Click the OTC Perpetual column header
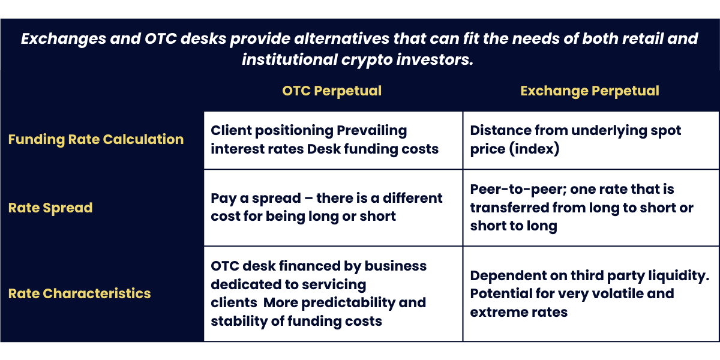coord(332,91)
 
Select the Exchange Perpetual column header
coord(590,91)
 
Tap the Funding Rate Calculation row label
coord(96,139)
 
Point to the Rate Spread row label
coord(50,208)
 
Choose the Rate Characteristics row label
coord(80,293)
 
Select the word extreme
coord(496,312)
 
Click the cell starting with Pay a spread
coord(327,207)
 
